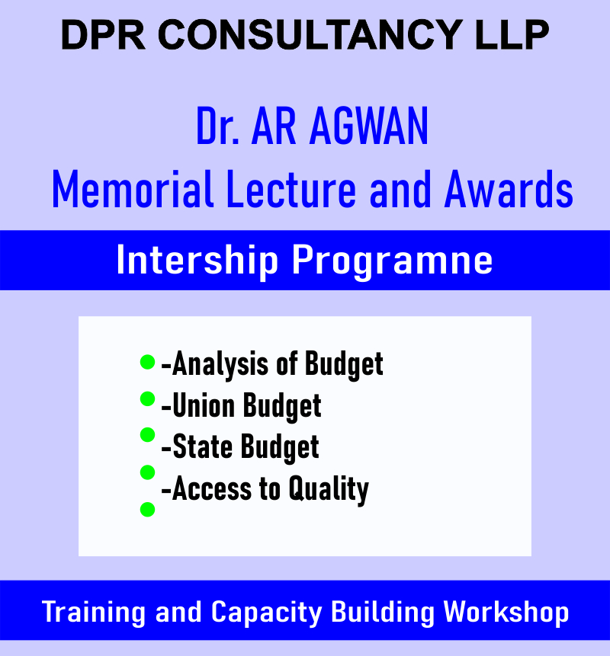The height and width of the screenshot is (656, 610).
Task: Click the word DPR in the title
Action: point(103,35)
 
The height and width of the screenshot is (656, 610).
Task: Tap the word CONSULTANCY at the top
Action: point(310,35)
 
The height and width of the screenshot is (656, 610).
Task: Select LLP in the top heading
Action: point(512,35)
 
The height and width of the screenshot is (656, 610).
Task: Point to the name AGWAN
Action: point(369,126)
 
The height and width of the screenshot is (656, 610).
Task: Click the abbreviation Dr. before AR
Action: point(218,126)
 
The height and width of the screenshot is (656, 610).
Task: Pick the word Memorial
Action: point(133,189)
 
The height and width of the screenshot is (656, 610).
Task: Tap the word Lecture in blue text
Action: point(291,189)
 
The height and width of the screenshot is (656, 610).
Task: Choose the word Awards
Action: point(509,189)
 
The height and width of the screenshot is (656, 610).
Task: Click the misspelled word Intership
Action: point(197,261)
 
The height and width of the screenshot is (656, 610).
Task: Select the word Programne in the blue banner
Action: point(392,261)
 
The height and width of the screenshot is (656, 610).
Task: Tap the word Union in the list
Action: point(204,406)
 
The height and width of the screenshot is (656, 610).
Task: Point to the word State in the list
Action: point(202,447)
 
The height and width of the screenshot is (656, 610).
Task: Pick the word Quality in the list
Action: point(329,489)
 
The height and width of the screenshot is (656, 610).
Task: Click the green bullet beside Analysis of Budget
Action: point(147,362)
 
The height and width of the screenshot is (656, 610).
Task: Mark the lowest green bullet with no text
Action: point(147,510)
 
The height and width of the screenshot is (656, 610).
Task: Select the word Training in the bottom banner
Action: point(93,613)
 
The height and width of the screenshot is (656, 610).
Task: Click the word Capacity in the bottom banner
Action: point(267,613)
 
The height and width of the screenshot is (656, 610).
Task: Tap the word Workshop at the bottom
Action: point(506,613)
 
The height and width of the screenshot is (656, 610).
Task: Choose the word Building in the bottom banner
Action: point(383,613)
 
